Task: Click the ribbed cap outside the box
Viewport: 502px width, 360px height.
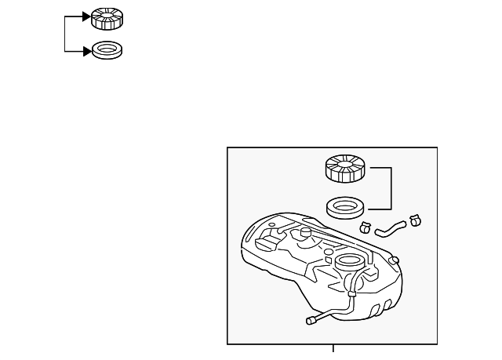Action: coord(106,17)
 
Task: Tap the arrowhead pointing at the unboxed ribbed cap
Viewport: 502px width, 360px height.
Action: coord(85,16)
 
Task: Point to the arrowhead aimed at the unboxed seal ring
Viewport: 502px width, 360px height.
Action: coord(85,51)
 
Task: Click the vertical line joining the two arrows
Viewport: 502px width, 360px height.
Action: coord(65,34)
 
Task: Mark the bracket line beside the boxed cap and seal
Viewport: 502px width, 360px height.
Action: coord(391,188)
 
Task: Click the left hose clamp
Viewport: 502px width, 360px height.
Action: coord(365,228)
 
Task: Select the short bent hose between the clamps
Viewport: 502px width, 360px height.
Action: coord(390,228)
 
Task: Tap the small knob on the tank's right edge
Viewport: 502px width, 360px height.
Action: coord(395,260)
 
